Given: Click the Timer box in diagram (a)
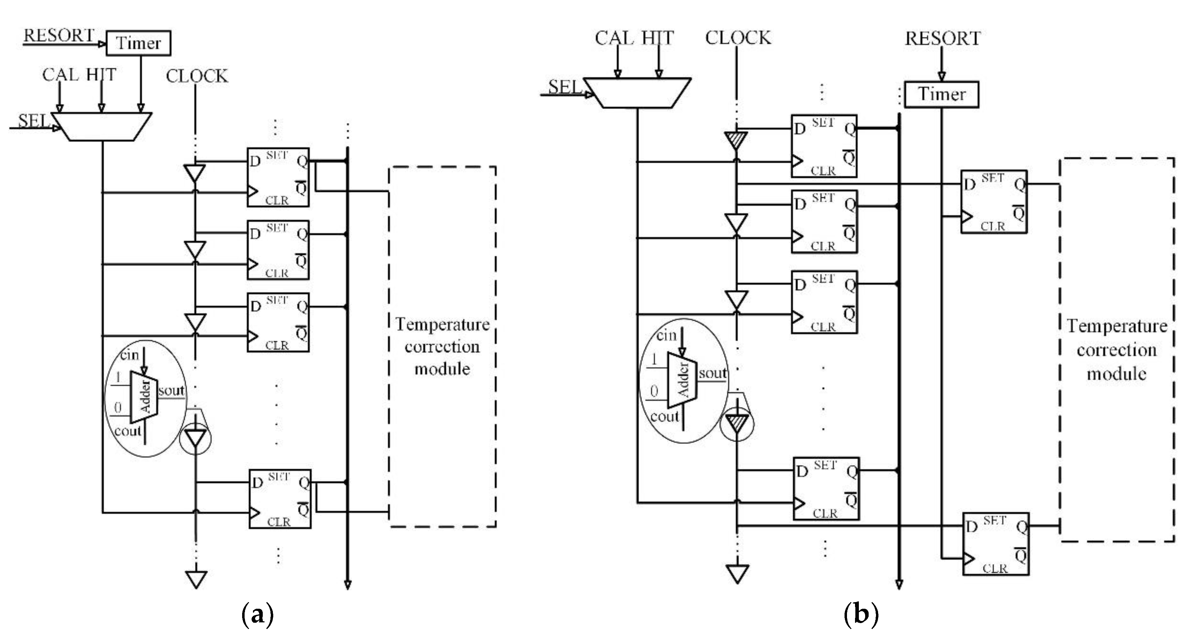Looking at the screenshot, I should click(x=138, y=43).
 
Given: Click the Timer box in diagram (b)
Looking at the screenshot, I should click(x=941, y=94).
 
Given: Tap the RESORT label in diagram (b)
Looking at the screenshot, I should click(x=943, y=38).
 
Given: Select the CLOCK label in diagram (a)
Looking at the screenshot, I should click(x=197, y=76).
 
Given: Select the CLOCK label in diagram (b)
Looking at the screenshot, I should click(x=738, y=38).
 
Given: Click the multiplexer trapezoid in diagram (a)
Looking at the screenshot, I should click(x=102, y=126).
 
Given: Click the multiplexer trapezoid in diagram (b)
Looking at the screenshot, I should click(x=637, y=93).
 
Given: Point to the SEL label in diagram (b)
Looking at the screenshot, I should click(x=564, y=87).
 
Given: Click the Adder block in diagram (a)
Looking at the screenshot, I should click(x=144, y=397).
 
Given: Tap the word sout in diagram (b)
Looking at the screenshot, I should click(x=712, y=373).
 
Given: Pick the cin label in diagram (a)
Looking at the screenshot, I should click(x=129, y=355).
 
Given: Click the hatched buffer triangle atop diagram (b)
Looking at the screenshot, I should click(x=736, y=140).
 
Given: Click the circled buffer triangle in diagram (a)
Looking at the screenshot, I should click(x=195, y=438).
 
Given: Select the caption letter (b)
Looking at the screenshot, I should click(x=861, y=615).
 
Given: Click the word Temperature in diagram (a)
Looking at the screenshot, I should click(x=442, y=324).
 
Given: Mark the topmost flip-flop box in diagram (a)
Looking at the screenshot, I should click(x=277, y=177).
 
